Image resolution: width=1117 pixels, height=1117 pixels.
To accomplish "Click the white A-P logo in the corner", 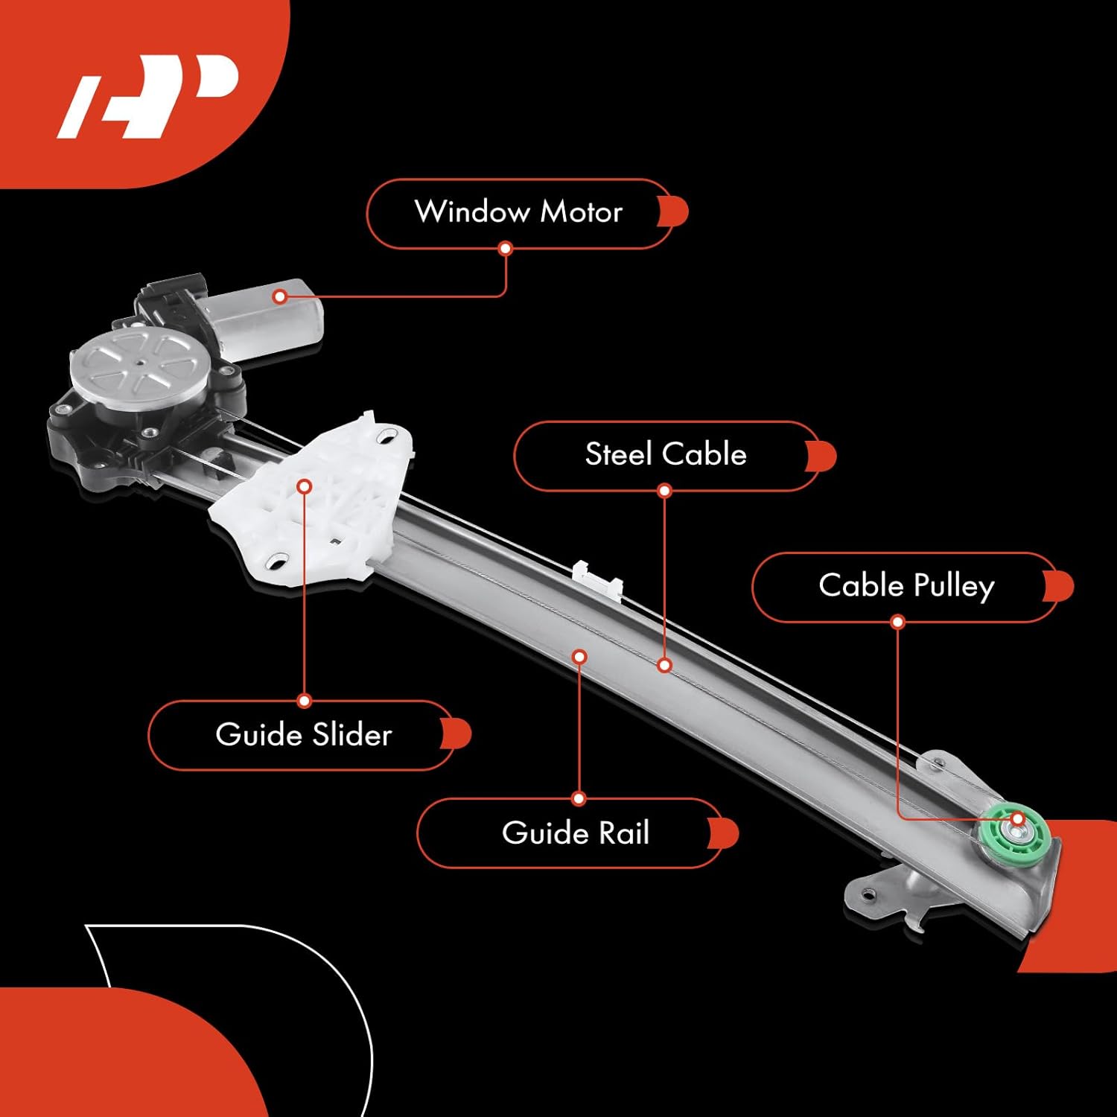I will point(147,95).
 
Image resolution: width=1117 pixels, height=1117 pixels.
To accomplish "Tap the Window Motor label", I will point(519,213).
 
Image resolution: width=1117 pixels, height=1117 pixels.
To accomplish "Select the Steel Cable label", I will point(666,455).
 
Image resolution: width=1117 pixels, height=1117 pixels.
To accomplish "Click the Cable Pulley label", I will point(906,586).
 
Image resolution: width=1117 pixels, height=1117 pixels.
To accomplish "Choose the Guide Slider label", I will point(303,735).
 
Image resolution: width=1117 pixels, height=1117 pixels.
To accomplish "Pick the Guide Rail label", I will point(575,833).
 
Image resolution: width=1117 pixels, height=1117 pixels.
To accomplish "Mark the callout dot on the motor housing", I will point(280,297).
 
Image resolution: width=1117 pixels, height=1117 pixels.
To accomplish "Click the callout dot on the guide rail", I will point(579,657).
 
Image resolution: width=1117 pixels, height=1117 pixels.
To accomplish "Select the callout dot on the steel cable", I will point(665,665).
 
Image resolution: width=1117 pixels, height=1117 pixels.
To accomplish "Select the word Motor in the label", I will point(581,213).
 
